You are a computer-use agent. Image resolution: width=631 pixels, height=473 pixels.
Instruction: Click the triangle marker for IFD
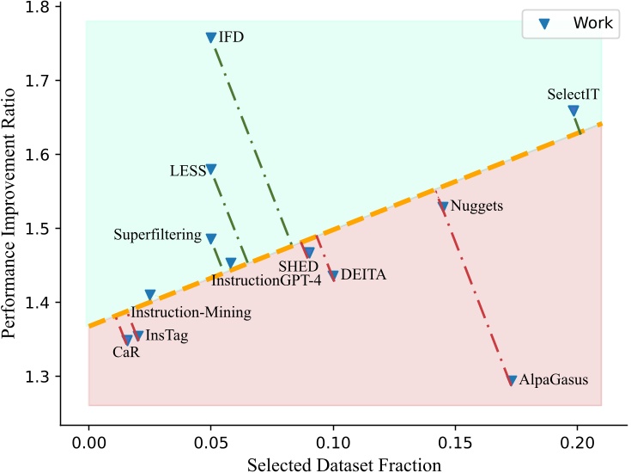[x=211, y=38]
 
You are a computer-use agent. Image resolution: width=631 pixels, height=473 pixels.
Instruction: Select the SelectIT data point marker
[x=573, y=111]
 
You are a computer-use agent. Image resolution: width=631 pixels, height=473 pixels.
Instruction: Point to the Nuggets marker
[x=443, y=206]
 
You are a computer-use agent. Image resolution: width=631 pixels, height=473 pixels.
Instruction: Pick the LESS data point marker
[x=211, y=169]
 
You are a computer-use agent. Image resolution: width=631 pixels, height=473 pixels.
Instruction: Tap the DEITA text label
[x=364, y=275]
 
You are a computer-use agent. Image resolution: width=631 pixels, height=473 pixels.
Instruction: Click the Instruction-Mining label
[x=191, y=313]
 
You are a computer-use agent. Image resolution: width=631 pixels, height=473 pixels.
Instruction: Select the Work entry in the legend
[x=592, y=23]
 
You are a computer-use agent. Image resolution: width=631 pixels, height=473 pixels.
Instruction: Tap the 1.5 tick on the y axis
[x=37, y=229]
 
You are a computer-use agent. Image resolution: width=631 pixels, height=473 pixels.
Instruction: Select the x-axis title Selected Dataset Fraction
[x=344, y=464]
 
